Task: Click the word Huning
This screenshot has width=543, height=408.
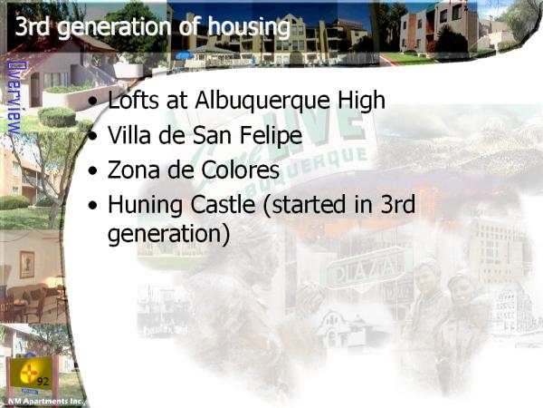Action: pos(145,206)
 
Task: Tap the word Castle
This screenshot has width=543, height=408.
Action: pos(223,204)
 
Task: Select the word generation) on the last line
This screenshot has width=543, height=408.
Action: pos(168,234)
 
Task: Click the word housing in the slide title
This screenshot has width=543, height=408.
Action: pos(249,26)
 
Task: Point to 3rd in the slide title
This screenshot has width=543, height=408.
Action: pos(33,26)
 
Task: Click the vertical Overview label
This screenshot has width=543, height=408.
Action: pos(14,98)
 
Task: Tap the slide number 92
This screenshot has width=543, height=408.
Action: pos(43,382)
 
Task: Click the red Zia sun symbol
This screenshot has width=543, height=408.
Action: pos(29,373)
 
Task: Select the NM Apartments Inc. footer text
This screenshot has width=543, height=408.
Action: pos(46,402)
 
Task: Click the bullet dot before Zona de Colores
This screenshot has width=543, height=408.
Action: pos(93,170)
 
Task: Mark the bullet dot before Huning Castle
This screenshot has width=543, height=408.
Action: pos(93,205)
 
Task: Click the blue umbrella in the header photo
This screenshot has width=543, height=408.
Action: pos(185,55)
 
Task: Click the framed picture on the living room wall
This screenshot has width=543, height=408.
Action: pos(27,265)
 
